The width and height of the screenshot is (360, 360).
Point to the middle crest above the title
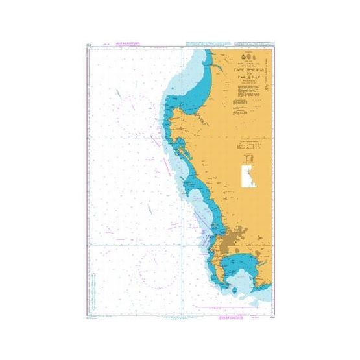point(246,58)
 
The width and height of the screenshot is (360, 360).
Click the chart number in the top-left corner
point(88,44)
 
